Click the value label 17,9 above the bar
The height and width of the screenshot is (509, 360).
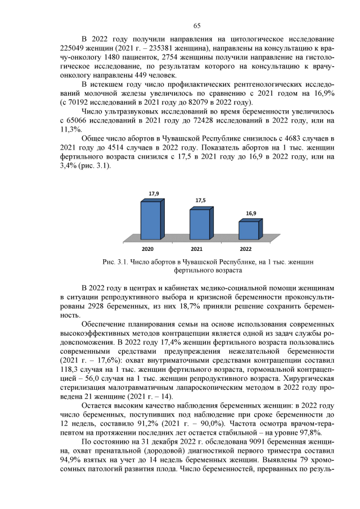point(154,193)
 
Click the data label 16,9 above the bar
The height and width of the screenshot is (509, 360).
point(251,214)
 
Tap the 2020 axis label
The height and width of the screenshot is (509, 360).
point(148,248)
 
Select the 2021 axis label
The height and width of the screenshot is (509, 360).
point(197,248)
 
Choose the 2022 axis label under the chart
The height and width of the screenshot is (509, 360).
point(246,248)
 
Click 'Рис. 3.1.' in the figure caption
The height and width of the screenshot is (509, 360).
point(115,262)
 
